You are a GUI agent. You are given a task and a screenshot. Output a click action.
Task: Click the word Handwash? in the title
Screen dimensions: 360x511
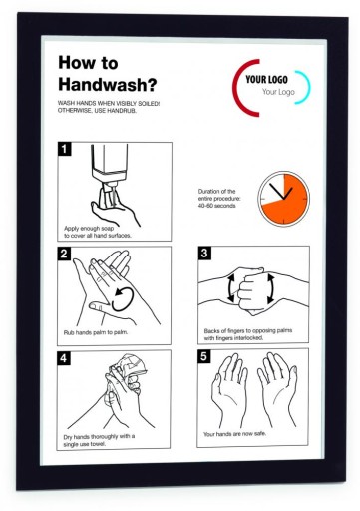pyautogui.click(x=107, y=84)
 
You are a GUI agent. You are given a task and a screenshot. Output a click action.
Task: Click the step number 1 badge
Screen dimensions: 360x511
pyautogui.click(x=64, y=149)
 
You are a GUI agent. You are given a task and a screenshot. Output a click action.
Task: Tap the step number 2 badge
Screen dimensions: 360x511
pyautogui.click(x=64, y=254)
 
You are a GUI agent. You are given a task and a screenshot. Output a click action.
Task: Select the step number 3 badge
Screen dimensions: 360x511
pyautogui.click(x=204, y=253)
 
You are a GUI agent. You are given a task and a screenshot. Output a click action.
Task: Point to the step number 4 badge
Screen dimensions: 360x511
pyautogui.click(x=64, y=358)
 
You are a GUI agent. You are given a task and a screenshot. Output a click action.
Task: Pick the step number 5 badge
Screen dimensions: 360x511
pyautogui.click(x=203, y=356)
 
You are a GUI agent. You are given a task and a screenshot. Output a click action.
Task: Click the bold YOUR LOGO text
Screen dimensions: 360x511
pyautogui.click(x=266, y=79)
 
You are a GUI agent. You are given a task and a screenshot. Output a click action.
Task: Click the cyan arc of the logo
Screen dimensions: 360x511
pyautogui.click(x=306, y=87)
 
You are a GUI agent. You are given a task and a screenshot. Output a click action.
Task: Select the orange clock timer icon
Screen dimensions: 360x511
pyautogui.click(x=283, y=199)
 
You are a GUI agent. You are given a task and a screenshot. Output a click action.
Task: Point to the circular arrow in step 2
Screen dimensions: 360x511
pyautogui.click(x=123, y=299)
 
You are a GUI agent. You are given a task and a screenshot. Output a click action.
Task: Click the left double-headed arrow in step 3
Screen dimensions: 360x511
pyautogui.click(x=230, y=288)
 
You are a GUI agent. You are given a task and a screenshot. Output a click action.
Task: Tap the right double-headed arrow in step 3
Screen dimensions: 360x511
pyautogui.click(x=271, y=288)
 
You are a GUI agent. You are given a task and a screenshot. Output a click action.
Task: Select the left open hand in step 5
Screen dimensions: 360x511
pyautogui.click(x=229, y=389)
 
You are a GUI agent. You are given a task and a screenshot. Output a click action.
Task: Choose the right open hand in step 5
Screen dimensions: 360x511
pyautogui.click(x=277, y=388)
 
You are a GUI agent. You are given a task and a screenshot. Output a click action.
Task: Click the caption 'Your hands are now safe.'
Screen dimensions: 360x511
pyautogui.click(x=235, y=434)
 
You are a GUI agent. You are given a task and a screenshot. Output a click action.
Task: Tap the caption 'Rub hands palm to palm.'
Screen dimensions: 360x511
pyautogui.click(x=96, y=332)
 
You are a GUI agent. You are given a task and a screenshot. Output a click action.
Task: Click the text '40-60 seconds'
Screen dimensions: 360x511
pyautogui.click(x=217, y=206)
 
